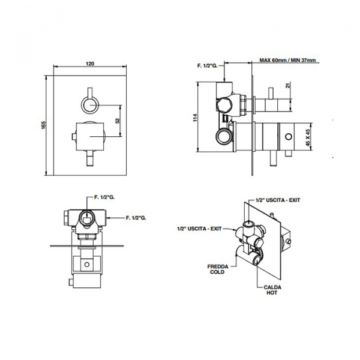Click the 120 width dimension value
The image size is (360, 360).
(90, 64)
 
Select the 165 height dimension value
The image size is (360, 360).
(44, 125)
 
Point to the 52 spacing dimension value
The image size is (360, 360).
(118, 121)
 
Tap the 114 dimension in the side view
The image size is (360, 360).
(195, 118)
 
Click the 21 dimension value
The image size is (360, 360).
(289, 85)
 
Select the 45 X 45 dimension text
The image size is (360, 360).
(308, 137)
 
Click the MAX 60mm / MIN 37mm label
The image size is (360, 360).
(287, 60)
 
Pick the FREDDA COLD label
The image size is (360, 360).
(218, 269)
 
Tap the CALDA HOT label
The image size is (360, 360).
(272, 290)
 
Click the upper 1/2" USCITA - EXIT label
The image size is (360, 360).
(278, 200)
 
